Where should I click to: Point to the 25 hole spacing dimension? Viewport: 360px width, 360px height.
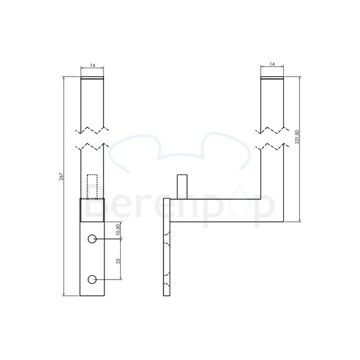click(x=118, y=260)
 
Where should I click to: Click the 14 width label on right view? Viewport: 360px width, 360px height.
click(x=272, y=64)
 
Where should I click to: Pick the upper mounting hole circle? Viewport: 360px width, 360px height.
click(x=92, y=239)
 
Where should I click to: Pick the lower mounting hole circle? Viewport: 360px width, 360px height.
click(x=92, y=279)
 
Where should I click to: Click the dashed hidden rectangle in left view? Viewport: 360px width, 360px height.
click(x=92, y=187)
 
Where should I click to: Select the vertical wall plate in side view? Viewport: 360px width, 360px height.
click(x=167, y=247)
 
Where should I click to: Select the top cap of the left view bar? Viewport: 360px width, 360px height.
click(x=92, y=79)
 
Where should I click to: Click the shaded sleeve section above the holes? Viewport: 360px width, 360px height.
click(x=92, y=210)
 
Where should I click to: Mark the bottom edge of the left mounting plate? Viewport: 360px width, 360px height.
click(x=92, y=296)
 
